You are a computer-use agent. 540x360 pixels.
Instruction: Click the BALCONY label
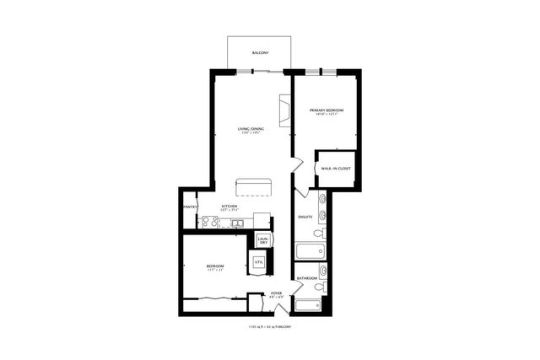pyautogui.click(x=261, y=54)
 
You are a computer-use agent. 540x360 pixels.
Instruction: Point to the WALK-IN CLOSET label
pyautogui.click(x=336, y=169)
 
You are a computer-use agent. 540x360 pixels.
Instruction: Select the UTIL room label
pyautogui.click(x=259, y=263)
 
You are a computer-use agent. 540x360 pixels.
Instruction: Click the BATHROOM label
pyautogui.click(x=306, y=278)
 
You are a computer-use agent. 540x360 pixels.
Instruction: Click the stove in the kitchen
pyautogui.click(x=209, y=223)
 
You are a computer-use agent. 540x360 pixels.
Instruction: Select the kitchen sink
pyautogui.click(x=240, y=223)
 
